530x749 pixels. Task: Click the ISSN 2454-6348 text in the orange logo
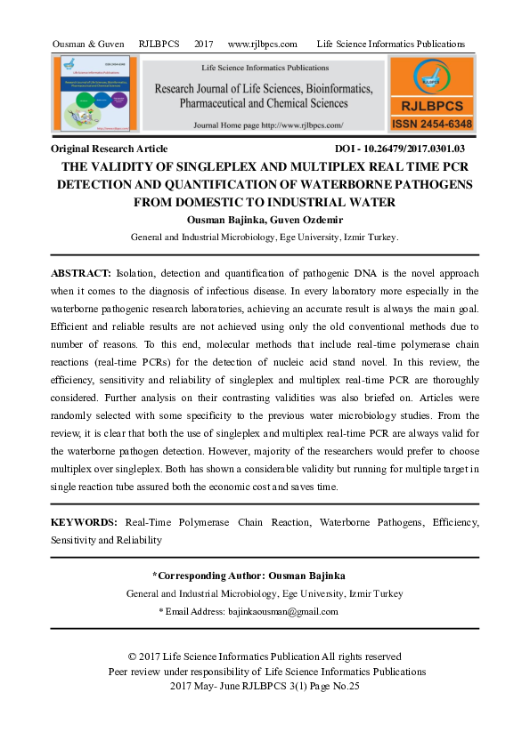[431, 124]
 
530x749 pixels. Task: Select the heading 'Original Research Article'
[110, 149]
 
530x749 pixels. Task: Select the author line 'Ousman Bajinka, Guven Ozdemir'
[265, 220]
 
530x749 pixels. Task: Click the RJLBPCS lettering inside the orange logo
[431, 105]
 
